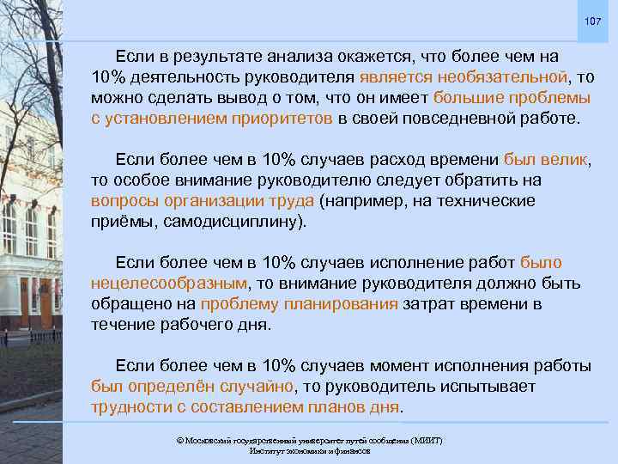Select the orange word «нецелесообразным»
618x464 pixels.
click(x=168, y=284)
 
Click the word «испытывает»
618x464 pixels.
click(x=548, y=386)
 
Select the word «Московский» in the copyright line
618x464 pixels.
click(x=207, y=440)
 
